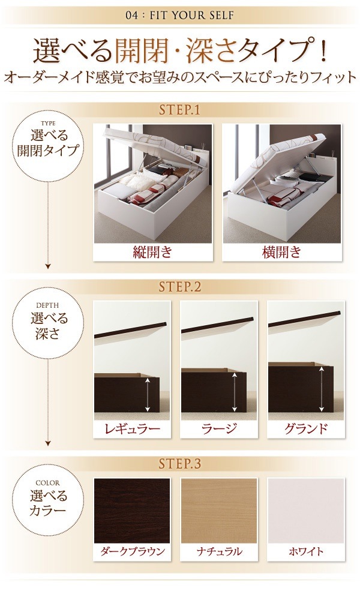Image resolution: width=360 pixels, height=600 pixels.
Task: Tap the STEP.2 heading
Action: point(179,287)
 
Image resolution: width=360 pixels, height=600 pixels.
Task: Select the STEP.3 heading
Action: point(179,464)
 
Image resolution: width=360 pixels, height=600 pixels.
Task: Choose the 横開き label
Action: point(281,252)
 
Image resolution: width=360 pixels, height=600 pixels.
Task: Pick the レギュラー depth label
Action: point(132,428)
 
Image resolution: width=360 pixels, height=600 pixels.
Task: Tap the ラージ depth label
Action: point(219,428)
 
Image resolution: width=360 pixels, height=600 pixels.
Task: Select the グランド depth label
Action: point(306,428)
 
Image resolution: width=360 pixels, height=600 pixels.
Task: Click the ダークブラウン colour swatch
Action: point(132,509)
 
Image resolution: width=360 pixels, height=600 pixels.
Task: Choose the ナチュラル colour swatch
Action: point(219,509)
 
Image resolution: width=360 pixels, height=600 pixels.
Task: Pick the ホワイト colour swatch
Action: point(306,509)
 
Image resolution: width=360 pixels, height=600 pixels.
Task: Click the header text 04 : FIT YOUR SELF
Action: point(180,14)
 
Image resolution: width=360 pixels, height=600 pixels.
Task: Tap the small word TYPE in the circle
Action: point(48,125)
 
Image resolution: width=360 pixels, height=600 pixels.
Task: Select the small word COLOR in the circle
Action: point(48,482)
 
